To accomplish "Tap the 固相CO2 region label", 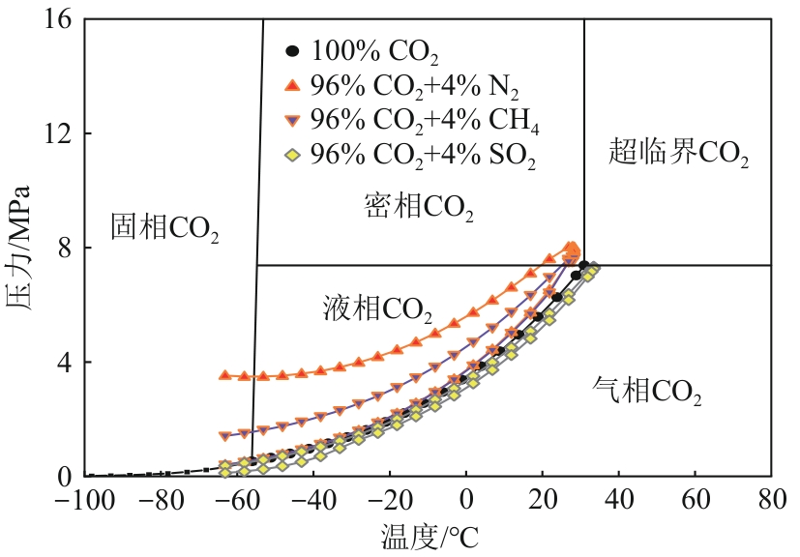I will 164,227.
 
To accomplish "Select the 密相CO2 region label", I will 419,206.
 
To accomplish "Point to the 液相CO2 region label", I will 377,309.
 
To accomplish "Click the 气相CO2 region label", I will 646,392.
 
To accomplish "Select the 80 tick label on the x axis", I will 771,502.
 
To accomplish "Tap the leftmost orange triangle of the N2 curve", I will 225,374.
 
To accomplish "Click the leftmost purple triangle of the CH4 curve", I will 225,436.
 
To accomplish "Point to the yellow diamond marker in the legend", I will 294,156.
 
